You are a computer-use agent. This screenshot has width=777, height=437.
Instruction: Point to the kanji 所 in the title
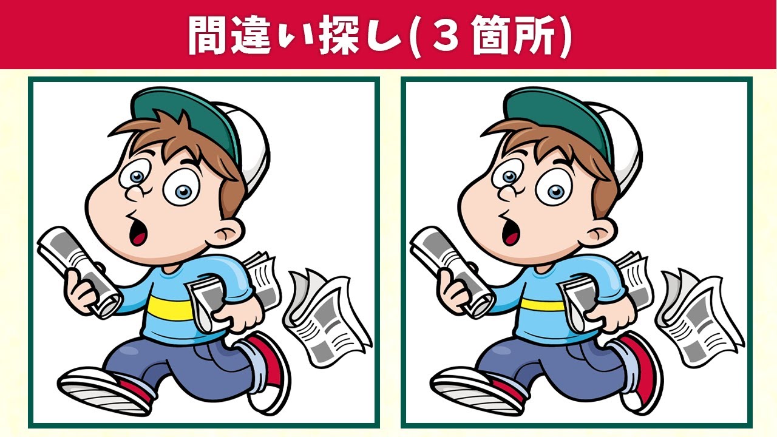(535, 35)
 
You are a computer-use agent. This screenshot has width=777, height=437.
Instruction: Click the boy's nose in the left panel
(135, 193)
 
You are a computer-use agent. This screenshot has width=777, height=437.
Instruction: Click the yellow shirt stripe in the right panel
(543, 305)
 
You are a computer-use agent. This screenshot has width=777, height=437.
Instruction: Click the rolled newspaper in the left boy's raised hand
(79, 271)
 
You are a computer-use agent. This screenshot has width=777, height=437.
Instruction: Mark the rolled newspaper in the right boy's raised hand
(452, 271)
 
